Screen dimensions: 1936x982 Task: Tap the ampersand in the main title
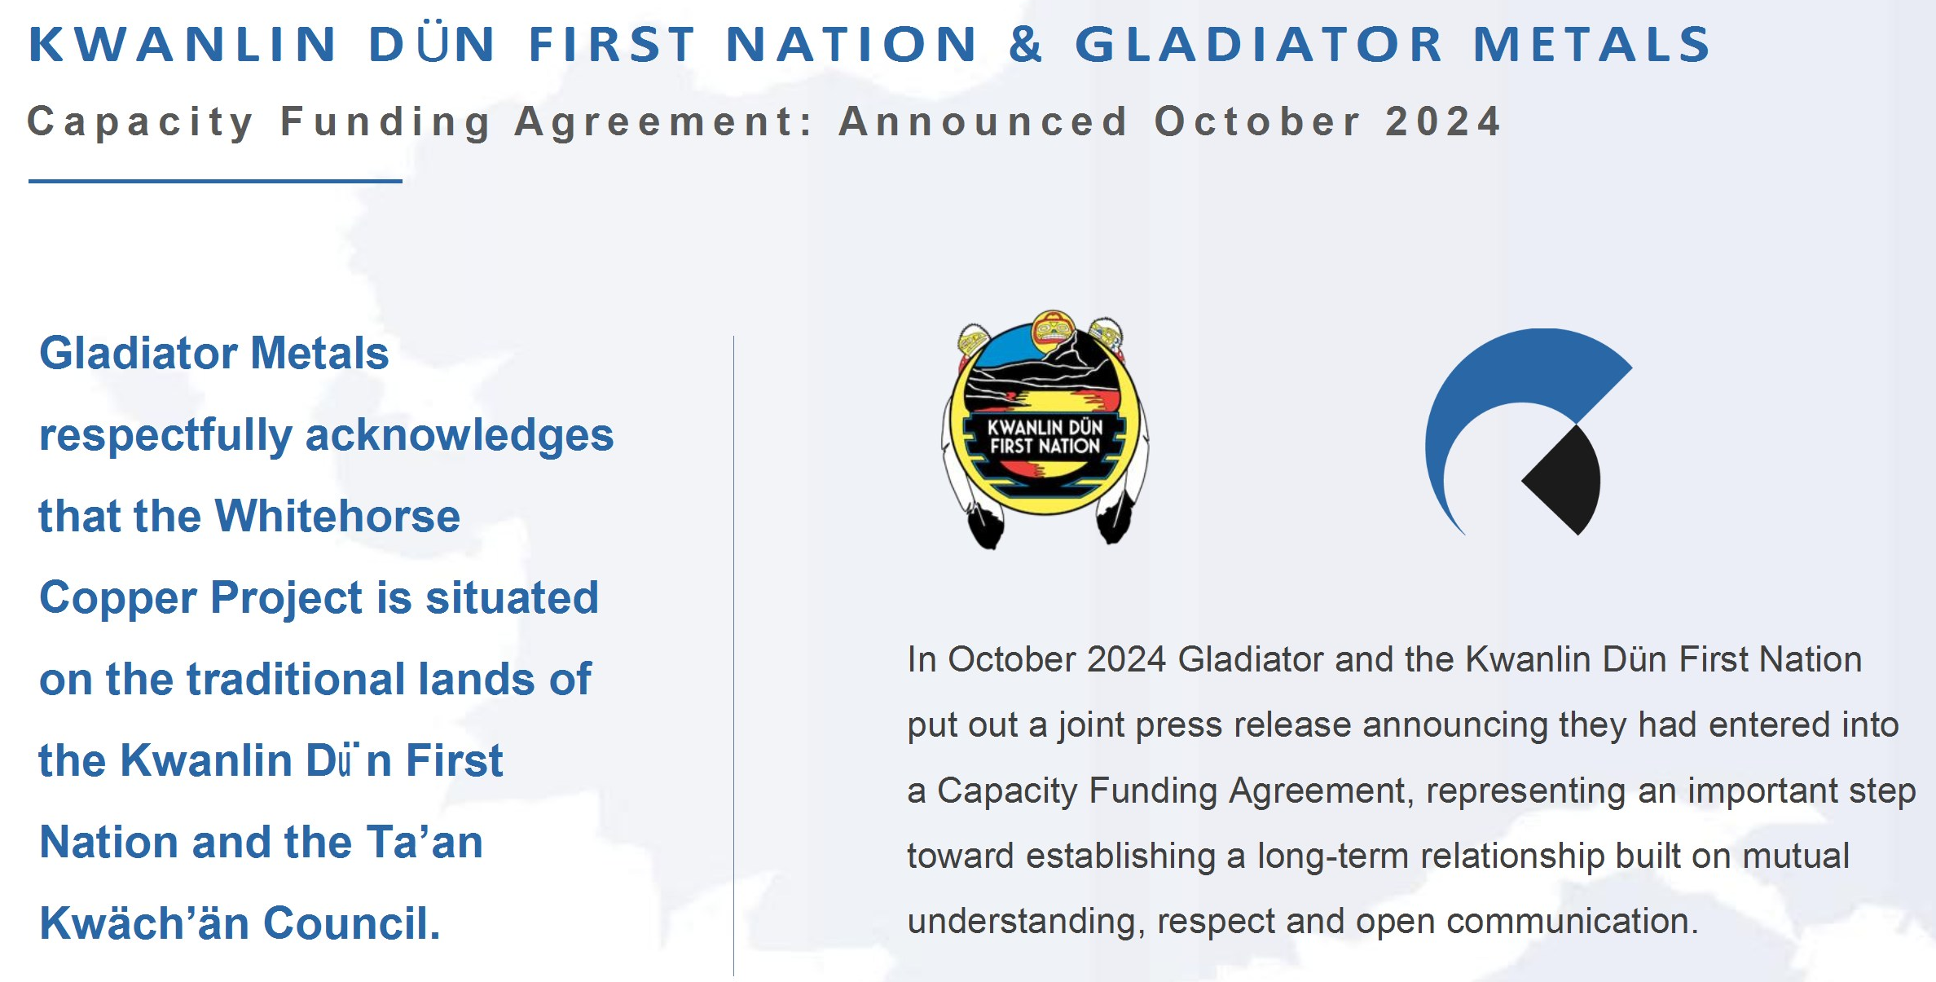pyautogui.click(x=1026, y=44)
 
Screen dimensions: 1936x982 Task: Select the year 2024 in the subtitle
pyautogui.click(x=1443, y=121)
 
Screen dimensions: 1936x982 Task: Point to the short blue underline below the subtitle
pyautogui.click(x=215, y=181)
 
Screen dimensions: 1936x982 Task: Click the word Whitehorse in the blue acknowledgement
pyautogui.click(x=338, y=517)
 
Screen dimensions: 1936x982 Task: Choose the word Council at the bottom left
pyautogui.click(x=352, y=923)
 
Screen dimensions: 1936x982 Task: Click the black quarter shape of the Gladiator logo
pyautogui.click(x=1562, y=480)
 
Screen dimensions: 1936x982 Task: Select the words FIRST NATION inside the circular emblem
pyautogui.click(x=1045, y=447)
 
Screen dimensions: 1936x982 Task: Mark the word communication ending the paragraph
pyautogui.click(x=1573, y=922)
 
